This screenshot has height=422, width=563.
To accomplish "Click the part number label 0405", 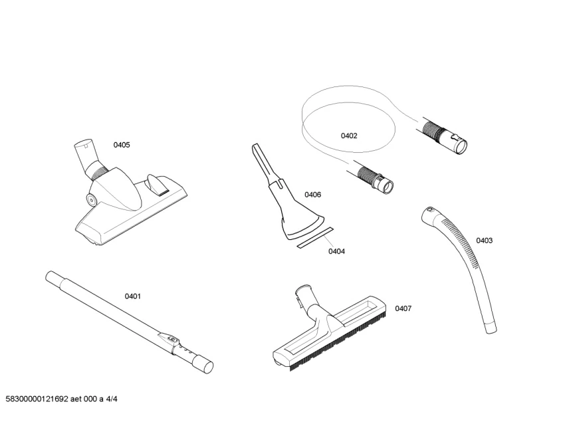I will [x=122, y=145].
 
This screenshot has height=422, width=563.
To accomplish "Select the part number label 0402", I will [x=349, y=136].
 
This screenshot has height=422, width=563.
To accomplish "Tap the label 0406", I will [x=313, y=195].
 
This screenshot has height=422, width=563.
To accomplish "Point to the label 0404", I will [x=336, y=252].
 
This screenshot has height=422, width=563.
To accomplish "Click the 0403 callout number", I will [x=484, y=241].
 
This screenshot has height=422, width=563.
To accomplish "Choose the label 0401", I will [x=133, y=296].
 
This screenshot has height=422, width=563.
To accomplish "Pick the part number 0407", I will [x=403, y=308].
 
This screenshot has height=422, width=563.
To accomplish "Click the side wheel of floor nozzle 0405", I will [x=90, y=198].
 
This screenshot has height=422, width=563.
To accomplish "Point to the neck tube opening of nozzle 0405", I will [x=81, y=143].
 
